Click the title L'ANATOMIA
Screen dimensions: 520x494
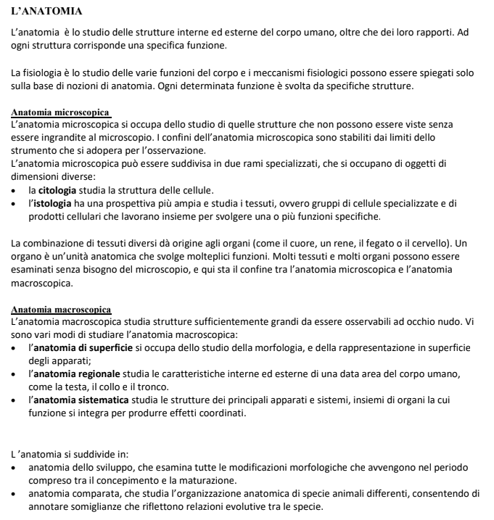(46, 12)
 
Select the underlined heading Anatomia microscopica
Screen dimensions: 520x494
(62, 112)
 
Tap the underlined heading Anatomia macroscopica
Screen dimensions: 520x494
(62, 309)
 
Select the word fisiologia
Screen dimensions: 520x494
(44, 73)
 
